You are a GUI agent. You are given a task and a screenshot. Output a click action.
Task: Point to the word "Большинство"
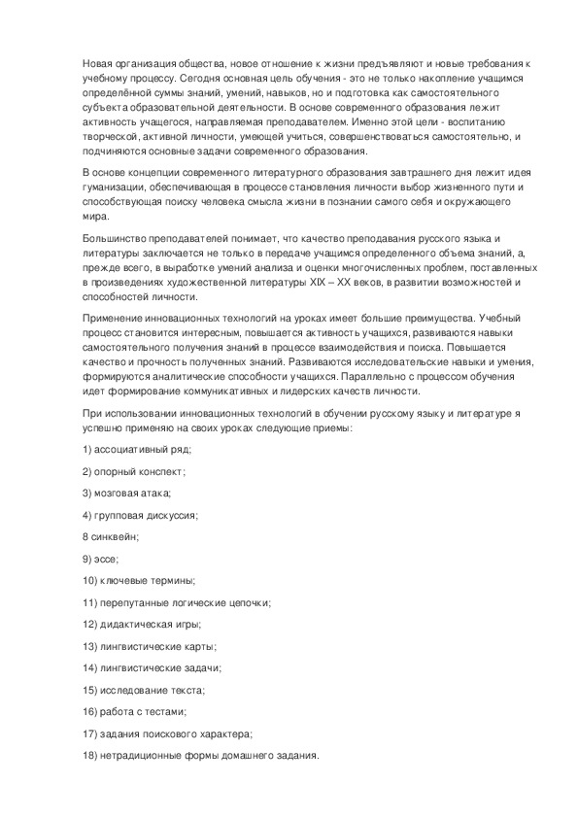(x=116, y=238)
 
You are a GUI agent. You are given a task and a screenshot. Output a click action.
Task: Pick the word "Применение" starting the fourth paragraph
(x=114, y=318)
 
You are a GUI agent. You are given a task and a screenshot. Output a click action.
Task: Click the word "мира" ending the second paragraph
(x=93, y=217)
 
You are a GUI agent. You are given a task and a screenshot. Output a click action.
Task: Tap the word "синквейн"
(x=115, y=536)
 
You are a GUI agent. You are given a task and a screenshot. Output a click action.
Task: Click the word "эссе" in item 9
(x=105, y=559)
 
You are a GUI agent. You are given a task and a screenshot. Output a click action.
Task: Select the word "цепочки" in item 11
(x=248, y=602)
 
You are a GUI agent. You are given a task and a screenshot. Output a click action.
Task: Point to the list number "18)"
(x=90, y=756)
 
